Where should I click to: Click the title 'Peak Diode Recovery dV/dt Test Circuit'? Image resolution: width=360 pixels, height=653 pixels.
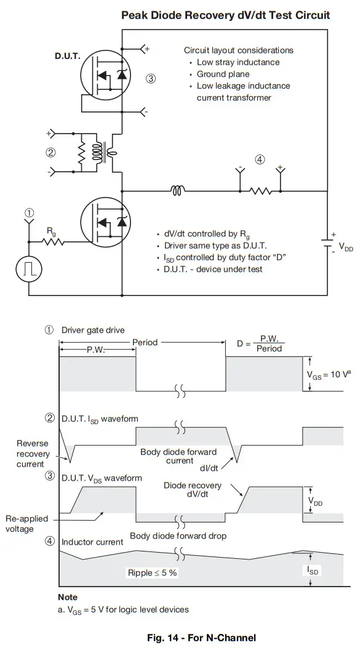click(225, 15)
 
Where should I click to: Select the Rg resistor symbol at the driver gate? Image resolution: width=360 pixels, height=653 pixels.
click(54, 242)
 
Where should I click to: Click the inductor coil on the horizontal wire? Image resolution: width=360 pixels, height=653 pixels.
click(177, 191)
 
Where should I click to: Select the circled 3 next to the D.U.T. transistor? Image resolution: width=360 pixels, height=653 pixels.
click(151, 78)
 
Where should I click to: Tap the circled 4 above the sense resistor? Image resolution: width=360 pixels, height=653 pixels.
click(260, 159)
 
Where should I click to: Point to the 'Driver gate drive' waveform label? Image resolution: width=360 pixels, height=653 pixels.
click(92, 331)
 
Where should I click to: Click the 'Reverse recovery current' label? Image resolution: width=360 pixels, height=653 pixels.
click(31, 454)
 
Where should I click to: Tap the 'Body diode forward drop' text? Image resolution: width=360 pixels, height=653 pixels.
click(178, 535)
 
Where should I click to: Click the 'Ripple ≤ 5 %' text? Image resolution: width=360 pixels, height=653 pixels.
click(151, 572)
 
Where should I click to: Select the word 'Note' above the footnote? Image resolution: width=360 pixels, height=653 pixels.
click(68, 597)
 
